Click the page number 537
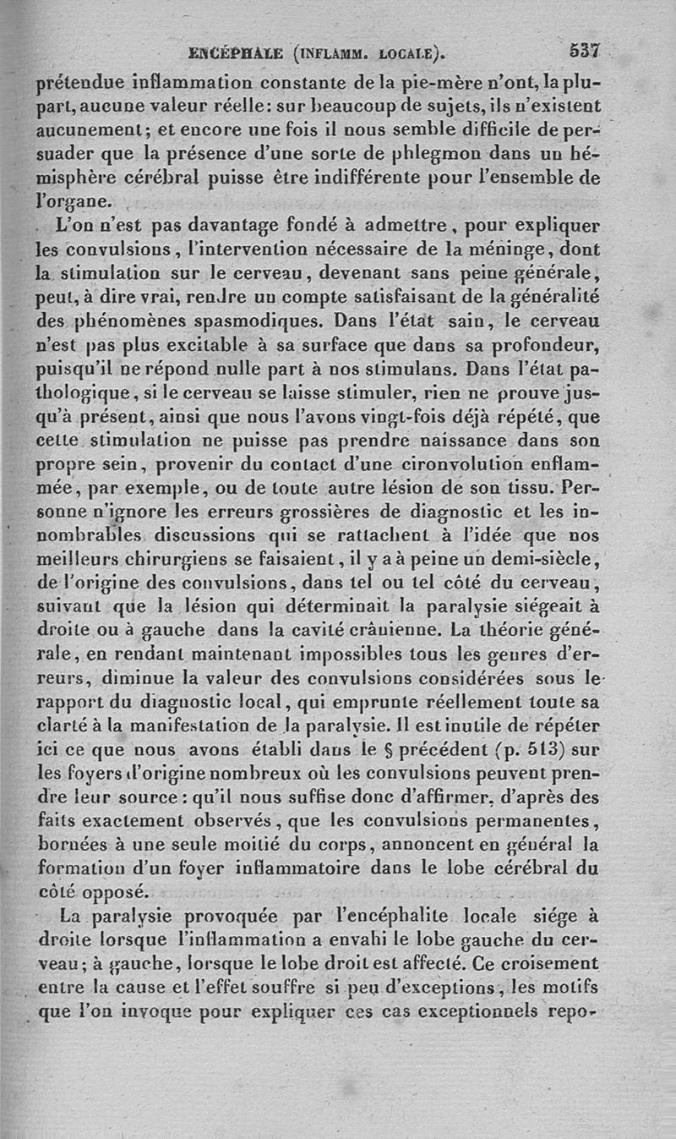584,51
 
